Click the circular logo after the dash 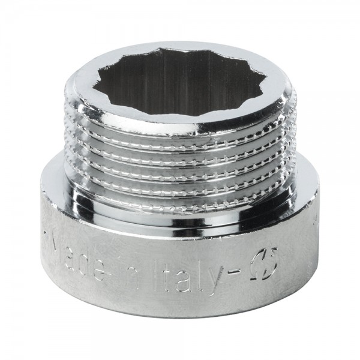(263, 263)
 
